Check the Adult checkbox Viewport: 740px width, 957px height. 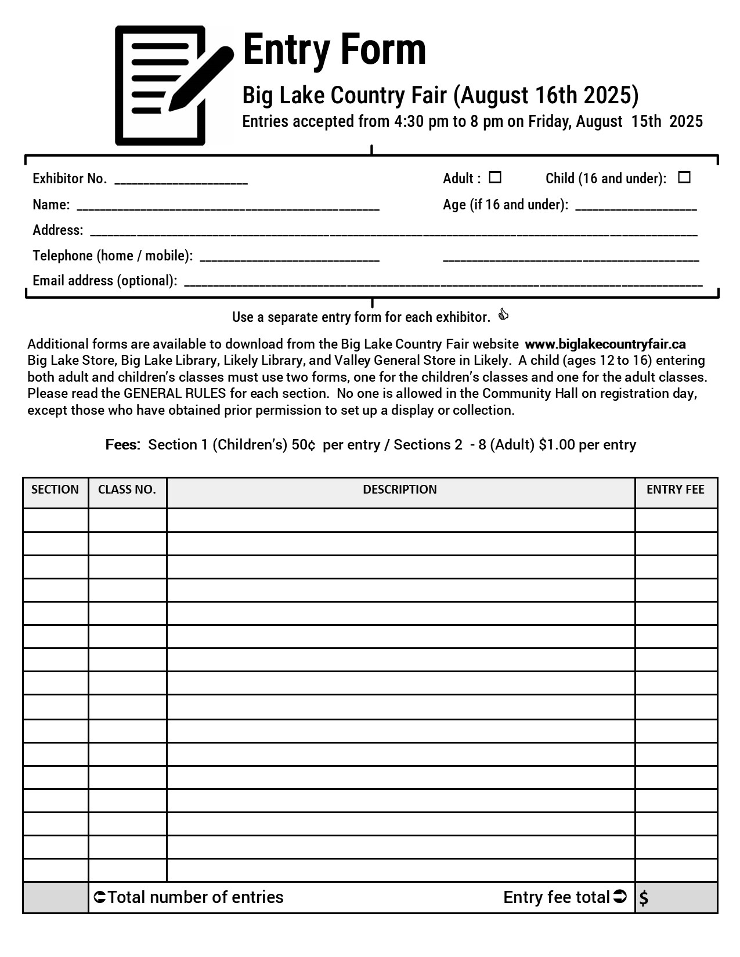[495, 177]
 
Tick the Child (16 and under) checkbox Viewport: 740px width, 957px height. [684, 177]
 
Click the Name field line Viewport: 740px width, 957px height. [228, 207]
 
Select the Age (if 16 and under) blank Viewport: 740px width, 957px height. [636, 207]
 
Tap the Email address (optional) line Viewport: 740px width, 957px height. [443, 283]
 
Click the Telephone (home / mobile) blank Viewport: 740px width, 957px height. [290, 258]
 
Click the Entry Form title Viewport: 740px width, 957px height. [334, 50]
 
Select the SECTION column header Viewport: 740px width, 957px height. [55, 490]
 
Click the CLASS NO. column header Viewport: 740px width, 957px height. [127, 490]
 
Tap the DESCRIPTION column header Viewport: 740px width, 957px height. [400, 490]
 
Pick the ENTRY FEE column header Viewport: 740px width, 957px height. [676, 490]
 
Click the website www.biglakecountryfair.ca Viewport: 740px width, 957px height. [605, 344]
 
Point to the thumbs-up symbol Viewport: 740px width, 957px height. [503, 315]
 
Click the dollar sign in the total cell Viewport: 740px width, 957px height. [644, 898]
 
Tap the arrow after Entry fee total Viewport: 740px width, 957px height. [620, 897]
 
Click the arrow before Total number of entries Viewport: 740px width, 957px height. [99, 897]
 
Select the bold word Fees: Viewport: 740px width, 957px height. [123, 445]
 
